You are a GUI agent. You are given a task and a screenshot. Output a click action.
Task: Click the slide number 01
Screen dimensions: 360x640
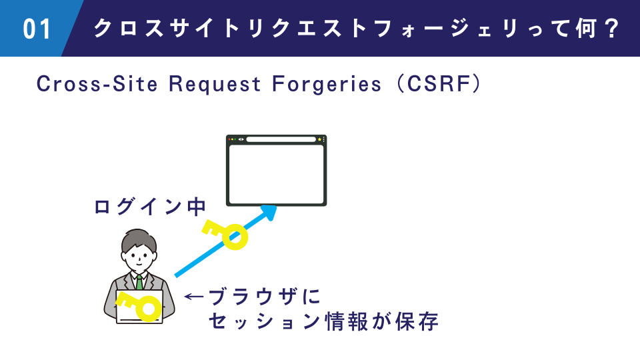point(37,29)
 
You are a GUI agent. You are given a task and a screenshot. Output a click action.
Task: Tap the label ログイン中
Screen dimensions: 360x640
point(149,207)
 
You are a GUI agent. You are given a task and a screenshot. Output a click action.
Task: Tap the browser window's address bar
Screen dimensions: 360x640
point(281,139)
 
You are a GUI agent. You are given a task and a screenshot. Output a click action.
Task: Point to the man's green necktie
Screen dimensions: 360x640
point(139,282)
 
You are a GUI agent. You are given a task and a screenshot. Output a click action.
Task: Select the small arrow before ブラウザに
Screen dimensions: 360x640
point(194,295)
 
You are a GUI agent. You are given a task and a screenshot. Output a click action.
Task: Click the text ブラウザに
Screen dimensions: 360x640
point(255,295)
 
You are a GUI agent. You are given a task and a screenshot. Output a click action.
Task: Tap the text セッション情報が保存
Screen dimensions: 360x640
point(323,321)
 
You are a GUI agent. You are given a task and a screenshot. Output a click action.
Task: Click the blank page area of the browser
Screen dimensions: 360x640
point(277,173)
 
